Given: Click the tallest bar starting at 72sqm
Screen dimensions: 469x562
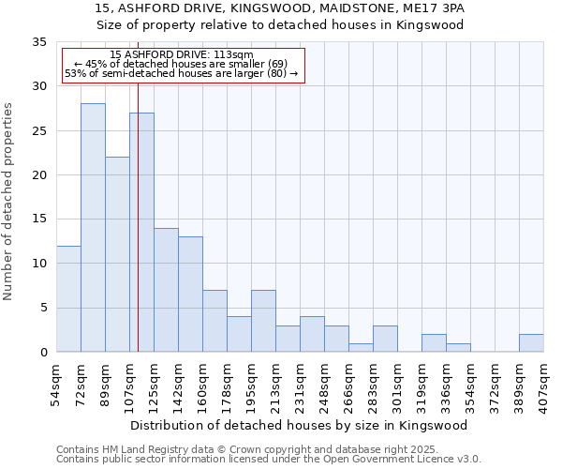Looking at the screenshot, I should (x=93, y=228).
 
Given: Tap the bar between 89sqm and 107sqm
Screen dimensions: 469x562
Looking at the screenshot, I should (x=117, y=254).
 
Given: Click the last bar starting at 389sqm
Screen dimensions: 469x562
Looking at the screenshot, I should (x=531, y=343).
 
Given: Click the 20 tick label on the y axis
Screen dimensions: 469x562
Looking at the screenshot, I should (x=38, y=175).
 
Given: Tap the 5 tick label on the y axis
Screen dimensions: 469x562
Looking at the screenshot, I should (x=42, y=309).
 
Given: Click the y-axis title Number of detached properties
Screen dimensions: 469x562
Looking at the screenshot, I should (x=9, y=202).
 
